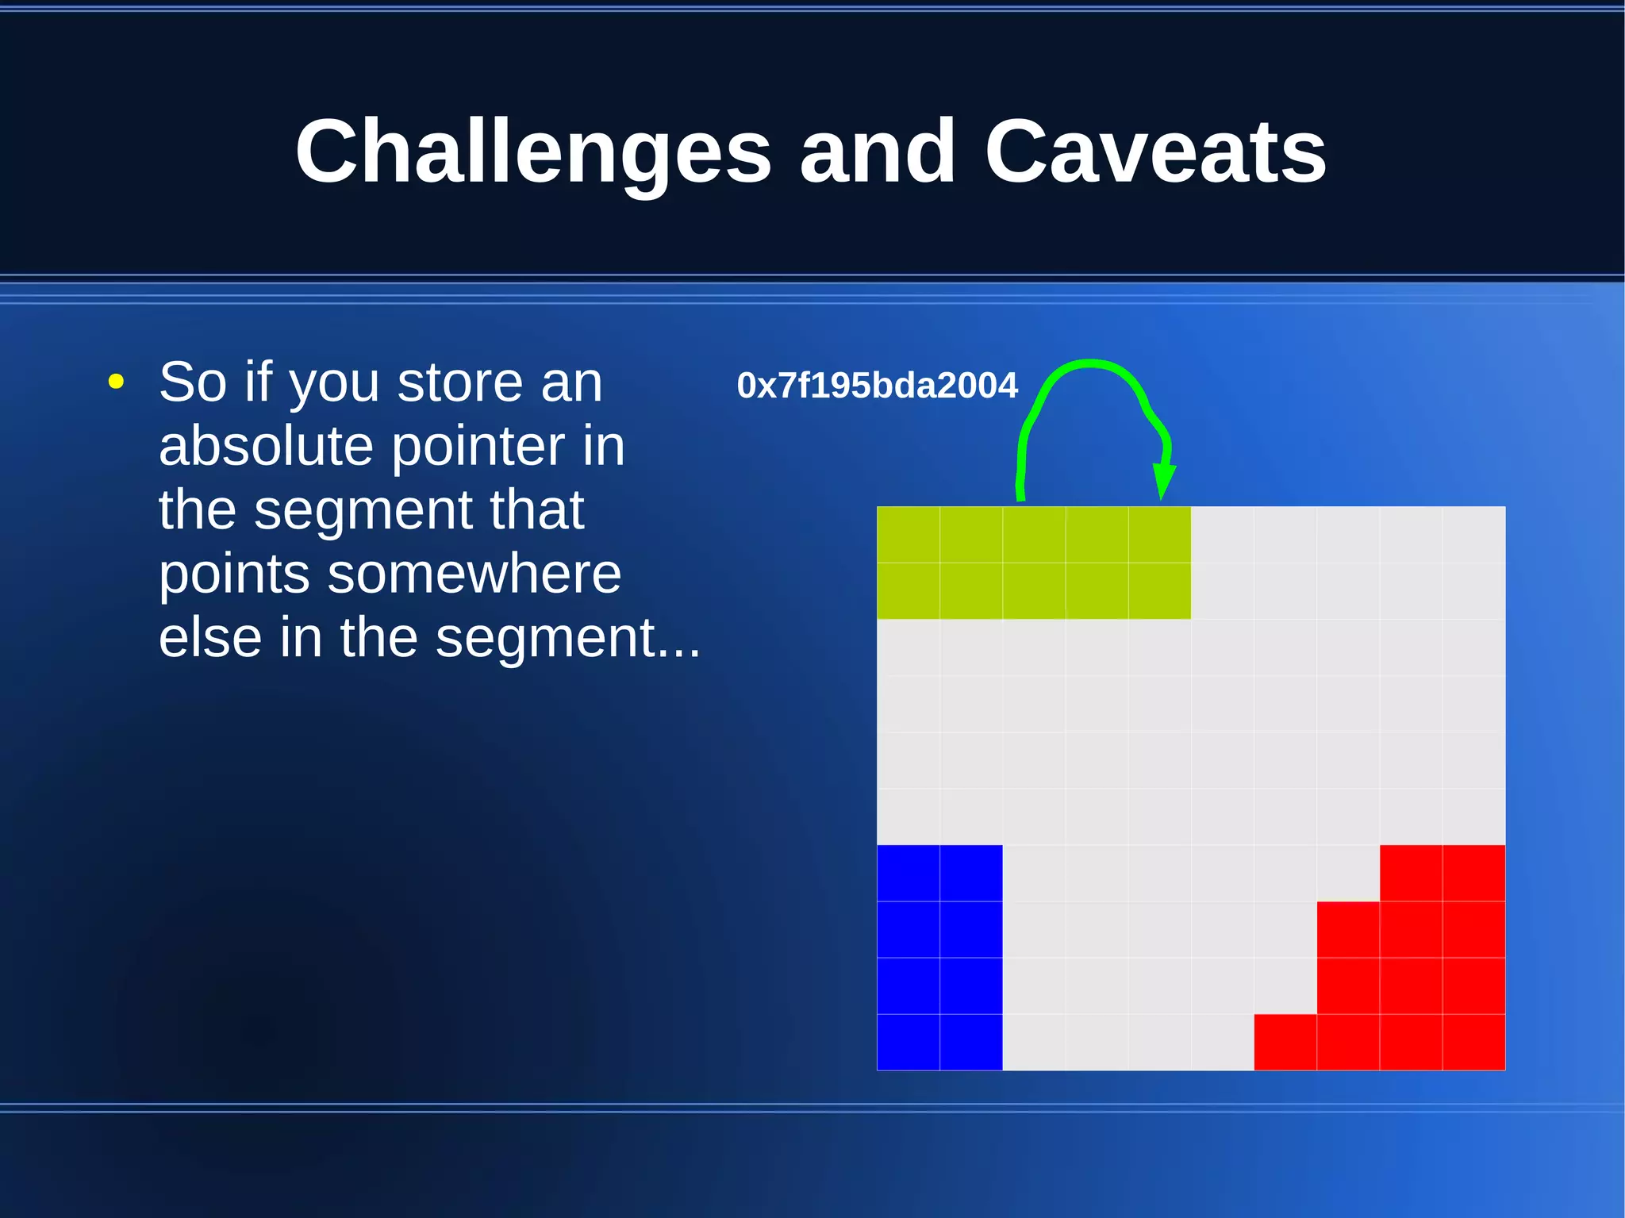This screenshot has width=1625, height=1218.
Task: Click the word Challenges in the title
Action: click(532, 152)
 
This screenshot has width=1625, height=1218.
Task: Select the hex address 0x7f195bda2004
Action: click(877, 386)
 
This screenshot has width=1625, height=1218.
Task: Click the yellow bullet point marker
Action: click(116, 382)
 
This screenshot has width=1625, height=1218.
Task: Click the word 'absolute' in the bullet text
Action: click(266, 446)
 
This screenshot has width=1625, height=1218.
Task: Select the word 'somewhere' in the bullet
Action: click(474, 574)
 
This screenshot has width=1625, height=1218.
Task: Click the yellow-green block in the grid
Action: click(1033, 563)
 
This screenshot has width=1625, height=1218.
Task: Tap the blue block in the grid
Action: click(939, 958)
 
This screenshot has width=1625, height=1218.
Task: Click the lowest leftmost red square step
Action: click(1285, 1042)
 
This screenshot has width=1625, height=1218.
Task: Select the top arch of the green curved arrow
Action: click(1091, 364)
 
